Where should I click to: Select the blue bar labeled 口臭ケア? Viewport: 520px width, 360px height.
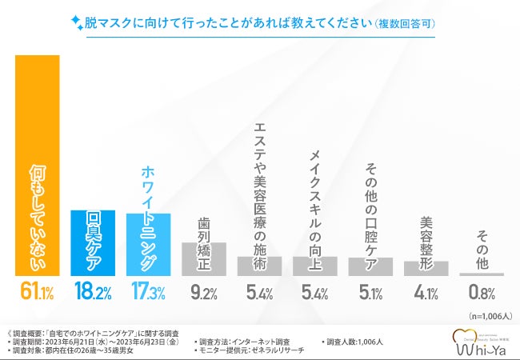tap(93, 243)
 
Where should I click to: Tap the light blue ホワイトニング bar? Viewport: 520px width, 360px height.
tap(149, 245)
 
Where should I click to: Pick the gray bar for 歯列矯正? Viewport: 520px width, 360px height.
tap(204, 258)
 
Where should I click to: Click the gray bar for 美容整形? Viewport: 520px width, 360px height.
tap(426, 268)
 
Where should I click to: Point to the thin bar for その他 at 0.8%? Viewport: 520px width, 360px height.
tap(482, 274)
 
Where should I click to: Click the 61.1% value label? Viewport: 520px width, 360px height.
tap(37, 294)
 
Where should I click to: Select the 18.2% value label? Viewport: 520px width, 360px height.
tap(93, 294)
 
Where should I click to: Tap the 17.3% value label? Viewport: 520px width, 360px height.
tap(149, 294)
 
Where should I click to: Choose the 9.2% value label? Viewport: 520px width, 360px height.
tap(204, 294)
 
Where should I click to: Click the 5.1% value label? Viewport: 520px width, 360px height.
tap(370, 294)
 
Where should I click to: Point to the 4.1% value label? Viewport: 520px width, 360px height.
tap(426, 294)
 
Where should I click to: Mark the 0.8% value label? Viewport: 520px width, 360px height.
tap(482, 294)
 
